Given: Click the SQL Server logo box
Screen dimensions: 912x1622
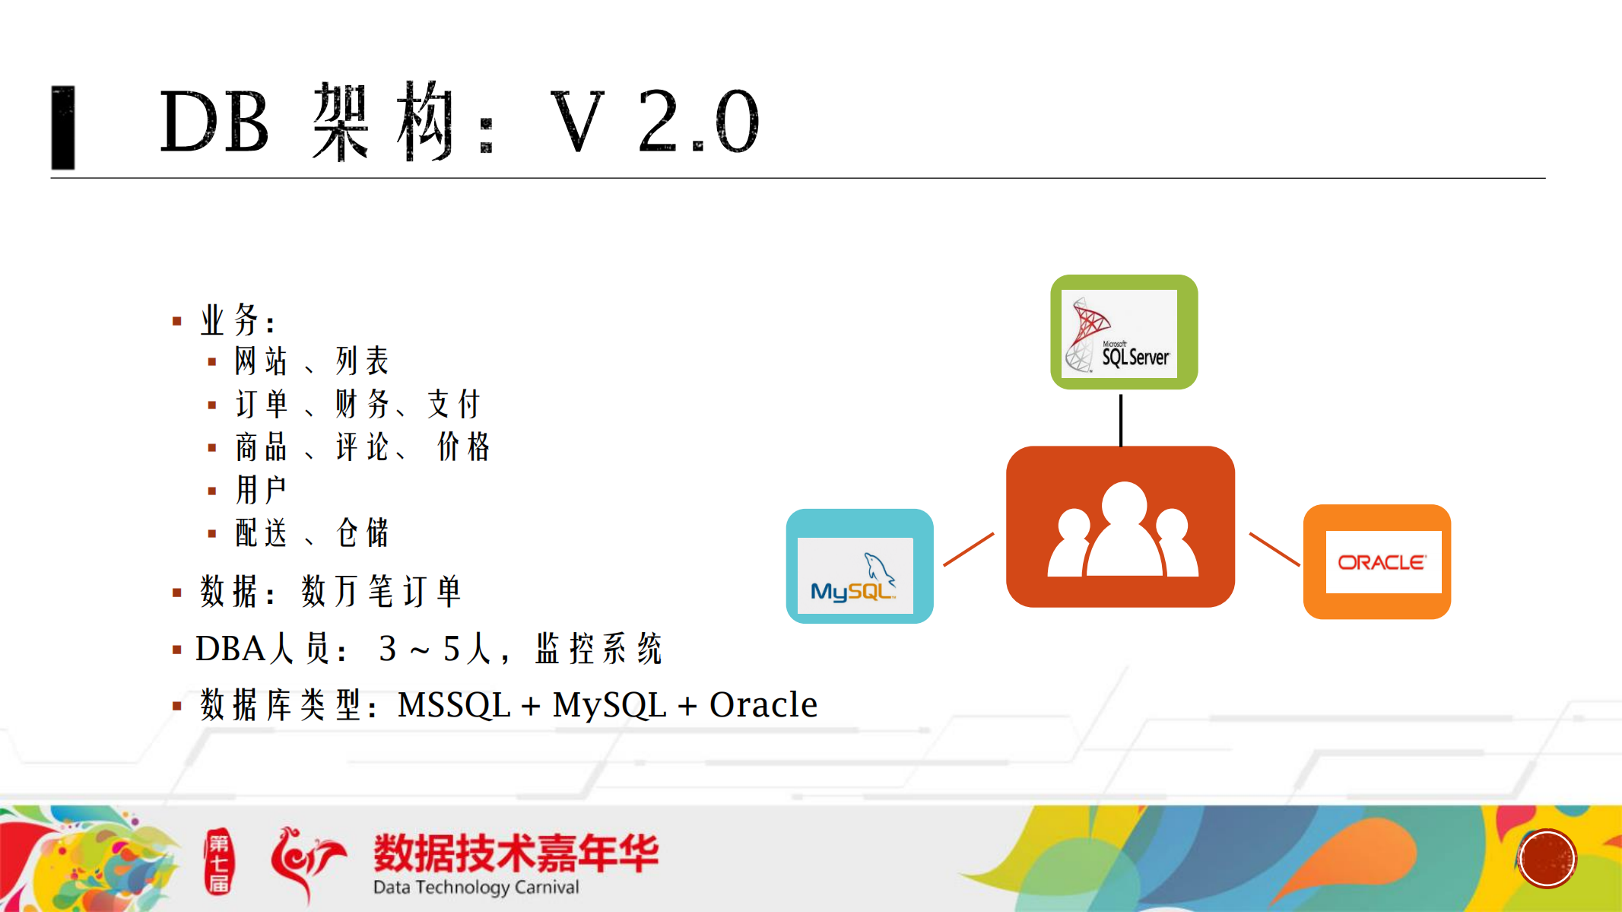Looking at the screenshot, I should click(x=1123, y=332).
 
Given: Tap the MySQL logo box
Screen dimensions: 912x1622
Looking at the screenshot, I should click(x=859, y=567).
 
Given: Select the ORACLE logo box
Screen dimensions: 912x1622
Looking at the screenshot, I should click(x=1376, y=562).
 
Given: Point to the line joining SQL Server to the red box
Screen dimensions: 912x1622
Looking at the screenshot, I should click(x=1121, y=418).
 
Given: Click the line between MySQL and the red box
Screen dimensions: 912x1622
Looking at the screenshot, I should click(x=969, y=549).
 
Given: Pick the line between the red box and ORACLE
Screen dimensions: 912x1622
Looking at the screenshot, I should click(x=1274, y=549).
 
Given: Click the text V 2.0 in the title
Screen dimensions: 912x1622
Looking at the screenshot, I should click(x=654, y=122).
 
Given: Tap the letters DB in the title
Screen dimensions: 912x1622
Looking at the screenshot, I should click(x=214, y=122).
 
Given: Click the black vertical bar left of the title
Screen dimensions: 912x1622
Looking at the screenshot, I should click(x=63, y=127).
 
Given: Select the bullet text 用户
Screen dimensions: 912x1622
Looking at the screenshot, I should click(x=261, y=490).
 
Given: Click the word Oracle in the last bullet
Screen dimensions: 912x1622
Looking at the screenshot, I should click(x=763, y=705).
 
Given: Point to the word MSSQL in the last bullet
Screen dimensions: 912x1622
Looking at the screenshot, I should click(x=454, y=705).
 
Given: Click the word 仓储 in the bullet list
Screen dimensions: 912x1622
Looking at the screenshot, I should click(x=363, y=533).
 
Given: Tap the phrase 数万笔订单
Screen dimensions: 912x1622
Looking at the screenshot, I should click(x=381, y=591).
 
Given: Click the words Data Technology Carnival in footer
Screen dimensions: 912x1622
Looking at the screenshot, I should click(x=476, y=888).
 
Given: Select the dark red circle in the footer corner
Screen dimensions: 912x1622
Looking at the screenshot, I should click(x=1547, y=859).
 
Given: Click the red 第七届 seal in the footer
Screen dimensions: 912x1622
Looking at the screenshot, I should click(x=219, y=862).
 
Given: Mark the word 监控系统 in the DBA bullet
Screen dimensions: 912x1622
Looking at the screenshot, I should click(x=598, y=649).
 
